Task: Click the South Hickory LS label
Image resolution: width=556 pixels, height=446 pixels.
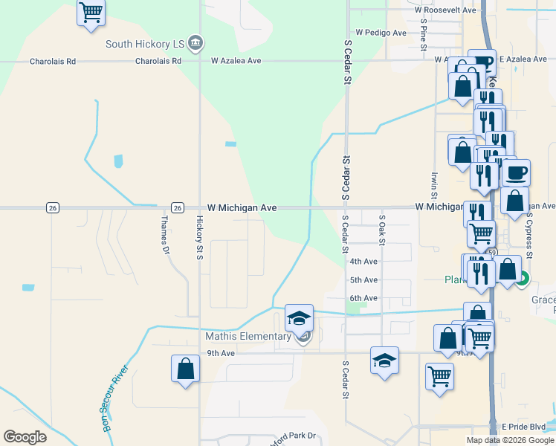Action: tap(144, 44)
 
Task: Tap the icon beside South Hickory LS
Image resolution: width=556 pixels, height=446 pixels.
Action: tap(195, 43)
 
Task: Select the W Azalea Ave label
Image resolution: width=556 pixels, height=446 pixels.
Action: tap(236, 60)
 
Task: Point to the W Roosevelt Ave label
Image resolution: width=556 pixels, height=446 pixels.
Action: tap(445, 10)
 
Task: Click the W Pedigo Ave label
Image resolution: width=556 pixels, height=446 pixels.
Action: tap(381, 33)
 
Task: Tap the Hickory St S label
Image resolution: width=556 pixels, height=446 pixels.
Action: tap(199, 239)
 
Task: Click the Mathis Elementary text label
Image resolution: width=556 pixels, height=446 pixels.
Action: tap(248, 336)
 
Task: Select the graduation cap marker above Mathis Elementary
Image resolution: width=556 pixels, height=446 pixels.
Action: tap(299, 318)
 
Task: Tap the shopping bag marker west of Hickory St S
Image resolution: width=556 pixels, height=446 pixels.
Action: tap(185, 369)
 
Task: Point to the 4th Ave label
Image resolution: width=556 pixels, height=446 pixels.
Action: tap(363, 261)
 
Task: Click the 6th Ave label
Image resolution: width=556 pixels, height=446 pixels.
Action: tap(363, 298)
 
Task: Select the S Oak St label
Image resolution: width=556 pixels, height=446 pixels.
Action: tap(382, 230)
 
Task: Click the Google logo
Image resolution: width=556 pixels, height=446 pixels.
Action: tap(25, 437)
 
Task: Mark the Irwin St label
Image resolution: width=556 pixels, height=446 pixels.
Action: tap(434, 190)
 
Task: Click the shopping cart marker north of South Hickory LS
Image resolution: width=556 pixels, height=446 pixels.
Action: tap(91, 13)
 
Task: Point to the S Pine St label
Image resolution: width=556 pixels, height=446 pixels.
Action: tap(423, 33)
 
